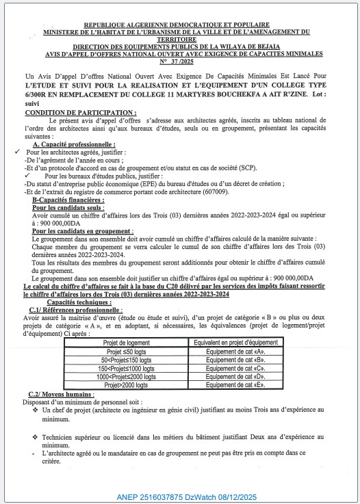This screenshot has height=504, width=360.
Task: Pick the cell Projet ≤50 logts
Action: pos(125,350)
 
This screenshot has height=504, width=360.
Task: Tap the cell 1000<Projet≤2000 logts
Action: pos(125,376)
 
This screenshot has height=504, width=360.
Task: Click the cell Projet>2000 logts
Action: pos(125,385)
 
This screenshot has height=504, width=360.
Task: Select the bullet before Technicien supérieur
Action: pos(36,436)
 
